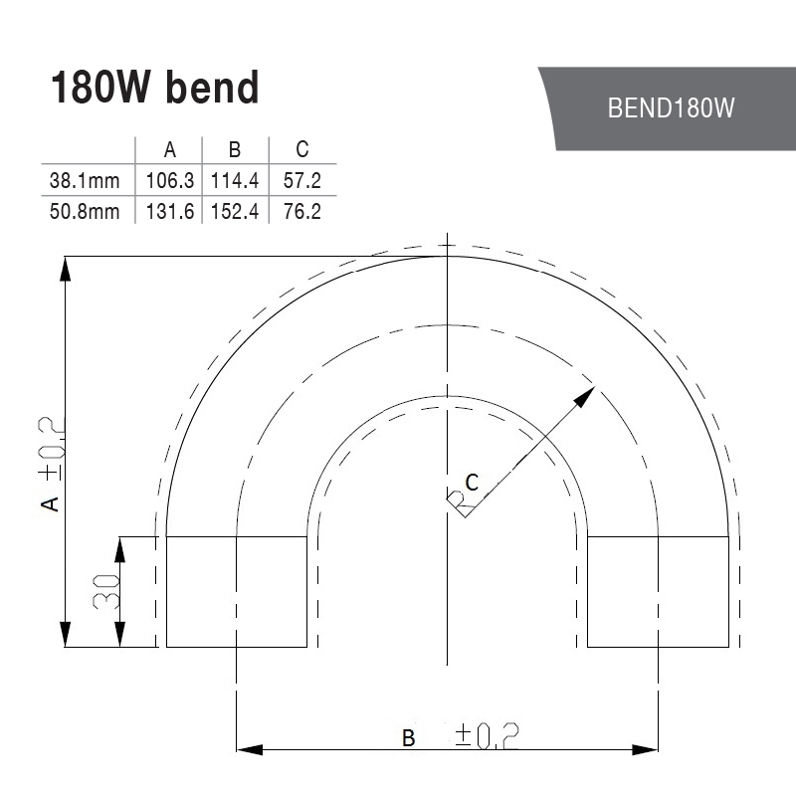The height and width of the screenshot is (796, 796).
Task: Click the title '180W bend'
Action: (x=155, y=88)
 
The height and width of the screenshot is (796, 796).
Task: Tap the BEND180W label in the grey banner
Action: (x=671, y=107)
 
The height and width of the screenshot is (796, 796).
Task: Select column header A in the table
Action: (x=169, y=150)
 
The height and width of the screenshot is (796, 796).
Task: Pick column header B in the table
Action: (x=235, y=150)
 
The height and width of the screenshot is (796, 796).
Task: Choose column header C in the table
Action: (x=302, y=149)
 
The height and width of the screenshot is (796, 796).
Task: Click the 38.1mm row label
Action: (x=85, y=181)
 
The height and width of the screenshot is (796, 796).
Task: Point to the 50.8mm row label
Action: (x=85, y=212)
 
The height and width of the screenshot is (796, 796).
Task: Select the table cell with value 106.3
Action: (x=169, y=181)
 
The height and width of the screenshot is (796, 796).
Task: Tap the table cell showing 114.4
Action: (x=235, y=181)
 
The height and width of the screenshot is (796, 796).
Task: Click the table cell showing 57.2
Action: (x=302, y=181)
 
